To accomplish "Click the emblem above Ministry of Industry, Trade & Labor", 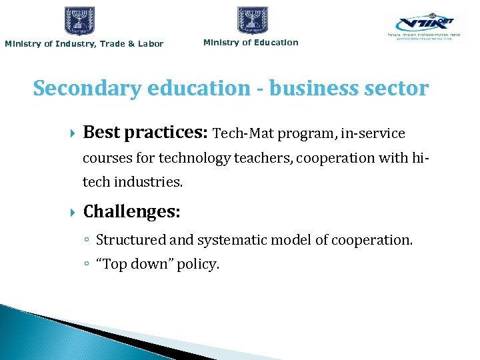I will pyautogui.click(x=79, y=21).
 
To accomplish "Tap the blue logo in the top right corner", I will pyautogui.click(x=425, y=28).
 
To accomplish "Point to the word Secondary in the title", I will pyautogui.click(x=82, y=88).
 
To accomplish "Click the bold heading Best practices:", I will pyautogui.click(x=145, y=133).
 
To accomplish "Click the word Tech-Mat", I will pyautogui.click(x=242, y=134).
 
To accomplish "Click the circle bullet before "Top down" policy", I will pyautogui.click(x=88, y=265).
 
